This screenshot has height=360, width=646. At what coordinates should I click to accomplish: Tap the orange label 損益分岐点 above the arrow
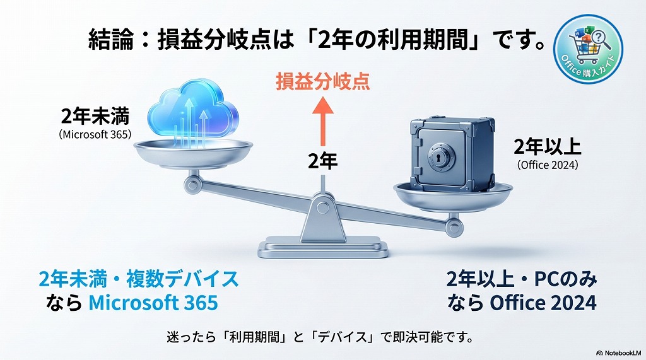coord(322,82)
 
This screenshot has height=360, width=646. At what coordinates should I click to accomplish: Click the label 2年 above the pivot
coord(322,161)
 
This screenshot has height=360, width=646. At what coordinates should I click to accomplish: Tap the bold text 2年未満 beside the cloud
coord(95,117)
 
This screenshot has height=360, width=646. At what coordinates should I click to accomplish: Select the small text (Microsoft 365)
coord(95,134)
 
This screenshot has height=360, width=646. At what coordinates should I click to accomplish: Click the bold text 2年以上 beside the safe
coord(547,147)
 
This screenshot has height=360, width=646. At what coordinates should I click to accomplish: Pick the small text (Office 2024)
coord(548,165)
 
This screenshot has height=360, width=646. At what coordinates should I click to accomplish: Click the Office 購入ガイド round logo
coord(587,49)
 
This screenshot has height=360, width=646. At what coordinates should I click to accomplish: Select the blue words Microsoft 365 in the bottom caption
coord(153,303)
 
